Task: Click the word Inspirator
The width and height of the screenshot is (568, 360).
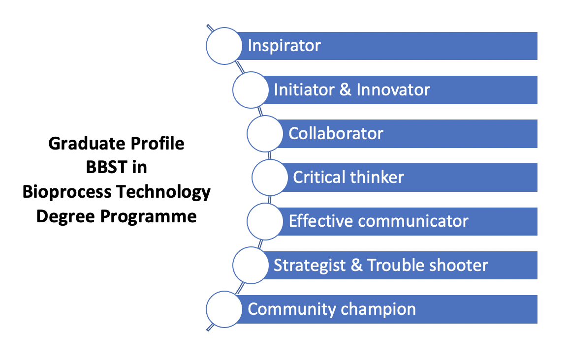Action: click(284, 46)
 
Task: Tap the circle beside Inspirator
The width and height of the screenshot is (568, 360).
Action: click(224, 46)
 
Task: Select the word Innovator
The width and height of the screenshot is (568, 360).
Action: click(393, 90)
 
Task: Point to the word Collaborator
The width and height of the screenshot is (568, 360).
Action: click(336, 134)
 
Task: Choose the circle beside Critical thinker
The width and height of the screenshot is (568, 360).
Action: click(270, 178)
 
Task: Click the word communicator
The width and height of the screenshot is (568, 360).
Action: click(413, 221)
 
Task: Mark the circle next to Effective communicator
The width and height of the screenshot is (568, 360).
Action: click(265, 221)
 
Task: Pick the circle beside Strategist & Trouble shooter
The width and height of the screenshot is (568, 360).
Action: click(250, 265)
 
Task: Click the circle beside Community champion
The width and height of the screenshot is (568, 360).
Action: click(224, 309)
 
